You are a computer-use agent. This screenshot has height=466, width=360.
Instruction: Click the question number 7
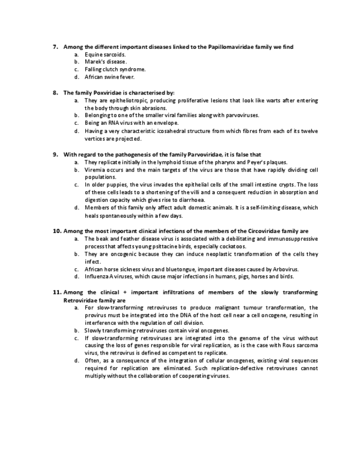56,47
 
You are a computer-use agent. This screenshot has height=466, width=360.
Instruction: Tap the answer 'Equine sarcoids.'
105,55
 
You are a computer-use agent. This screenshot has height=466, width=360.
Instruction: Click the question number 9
56,154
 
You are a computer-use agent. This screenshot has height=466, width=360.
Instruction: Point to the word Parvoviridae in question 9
195,154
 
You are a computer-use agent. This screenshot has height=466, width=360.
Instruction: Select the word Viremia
95,170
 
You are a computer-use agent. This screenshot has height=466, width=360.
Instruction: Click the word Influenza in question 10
97,277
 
